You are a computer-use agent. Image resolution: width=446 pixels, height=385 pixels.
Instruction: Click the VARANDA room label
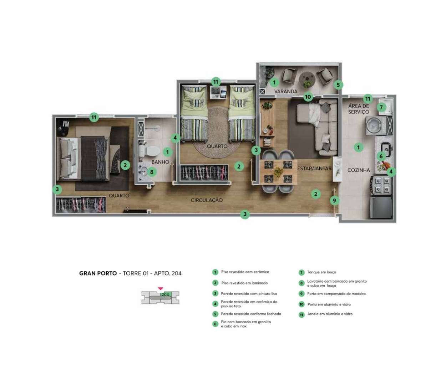tap(286, 91)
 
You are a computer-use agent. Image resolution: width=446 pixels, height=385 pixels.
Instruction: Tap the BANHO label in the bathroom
tap(160, 162)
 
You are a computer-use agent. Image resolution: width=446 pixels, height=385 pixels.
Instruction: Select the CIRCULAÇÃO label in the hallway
tap(207, 200)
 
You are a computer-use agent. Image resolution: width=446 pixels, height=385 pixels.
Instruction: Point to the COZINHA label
tap(358, 170)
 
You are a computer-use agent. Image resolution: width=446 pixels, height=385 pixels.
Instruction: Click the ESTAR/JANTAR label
tap(314, 168)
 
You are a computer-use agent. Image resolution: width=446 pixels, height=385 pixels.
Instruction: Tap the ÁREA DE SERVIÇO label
tap(359, 109)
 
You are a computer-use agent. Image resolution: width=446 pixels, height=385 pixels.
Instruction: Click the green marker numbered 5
tap(338, 85)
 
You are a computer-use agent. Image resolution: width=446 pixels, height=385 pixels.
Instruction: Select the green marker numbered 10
tap(308, 97)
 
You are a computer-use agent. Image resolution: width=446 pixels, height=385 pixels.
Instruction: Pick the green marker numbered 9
tap(334, 201)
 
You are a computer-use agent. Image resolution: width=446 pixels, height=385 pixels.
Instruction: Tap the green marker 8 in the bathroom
tap(152, 172)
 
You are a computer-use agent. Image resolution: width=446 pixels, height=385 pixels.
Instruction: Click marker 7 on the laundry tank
tap(381, 107)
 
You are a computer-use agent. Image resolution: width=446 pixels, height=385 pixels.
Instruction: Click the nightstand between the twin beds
tap(218, 92)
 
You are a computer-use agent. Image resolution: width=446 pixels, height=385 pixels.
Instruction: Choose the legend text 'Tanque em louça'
tap(321, 272)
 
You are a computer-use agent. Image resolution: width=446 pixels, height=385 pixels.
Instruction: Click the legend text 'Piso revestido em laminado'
tap(244, 283)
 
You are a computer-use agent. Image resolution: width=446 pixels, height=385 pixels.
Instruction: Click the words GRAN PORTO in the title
tap(98, 273)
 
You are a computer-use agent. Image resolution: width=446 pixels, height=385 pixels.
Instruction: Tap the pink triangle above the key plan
tap(160, 288)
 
